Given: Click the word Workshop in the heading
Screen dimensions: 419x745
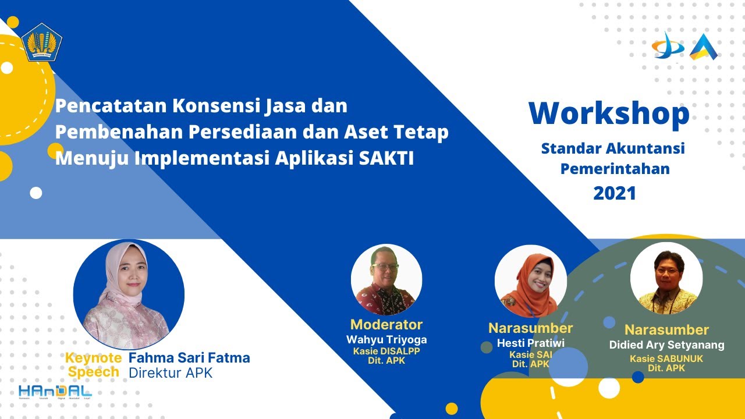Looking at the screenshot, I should point(609,114).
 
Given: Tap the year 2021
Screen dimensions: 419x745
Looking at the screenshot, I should point(615,193).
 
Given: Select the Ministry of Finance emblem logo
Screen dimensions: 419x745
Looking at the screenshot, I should point(42,42).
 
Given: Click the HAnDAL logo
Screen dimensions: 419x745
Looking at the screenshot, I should point(55,392).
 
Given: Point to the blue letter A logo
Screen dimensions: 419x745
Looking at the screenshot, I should point(703,47).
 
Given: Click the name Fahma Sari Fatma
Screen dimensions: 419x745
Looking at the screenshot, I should point(189,357).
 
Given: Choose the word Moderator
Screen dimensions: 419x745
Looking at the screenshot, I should point(386,324).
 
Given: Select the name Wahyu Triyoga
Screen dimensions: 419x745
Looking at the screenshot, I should point(386,339).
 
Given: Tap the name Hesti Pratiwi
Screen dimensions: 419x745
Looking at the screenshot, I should point(530,343).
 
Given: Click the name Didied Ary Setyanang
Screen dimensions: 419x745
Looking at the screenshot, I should point(666,345).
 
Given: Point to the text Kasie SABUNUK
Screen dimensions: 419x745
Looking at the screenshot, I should point(666,358).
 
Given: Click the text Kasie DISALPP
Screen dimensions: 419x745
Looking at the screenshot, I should point(386,351).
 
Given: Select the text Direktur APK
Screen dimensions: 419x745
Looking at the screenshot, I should point(171,372).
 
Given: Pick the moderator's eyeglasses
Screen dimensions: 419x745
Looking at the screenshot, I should point(385,267).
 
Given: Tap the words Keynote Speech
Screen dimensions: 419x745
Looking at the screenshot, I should point(93,365).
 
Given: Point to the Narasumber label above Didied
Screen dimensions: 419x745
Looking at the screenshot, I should point(666,330).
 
